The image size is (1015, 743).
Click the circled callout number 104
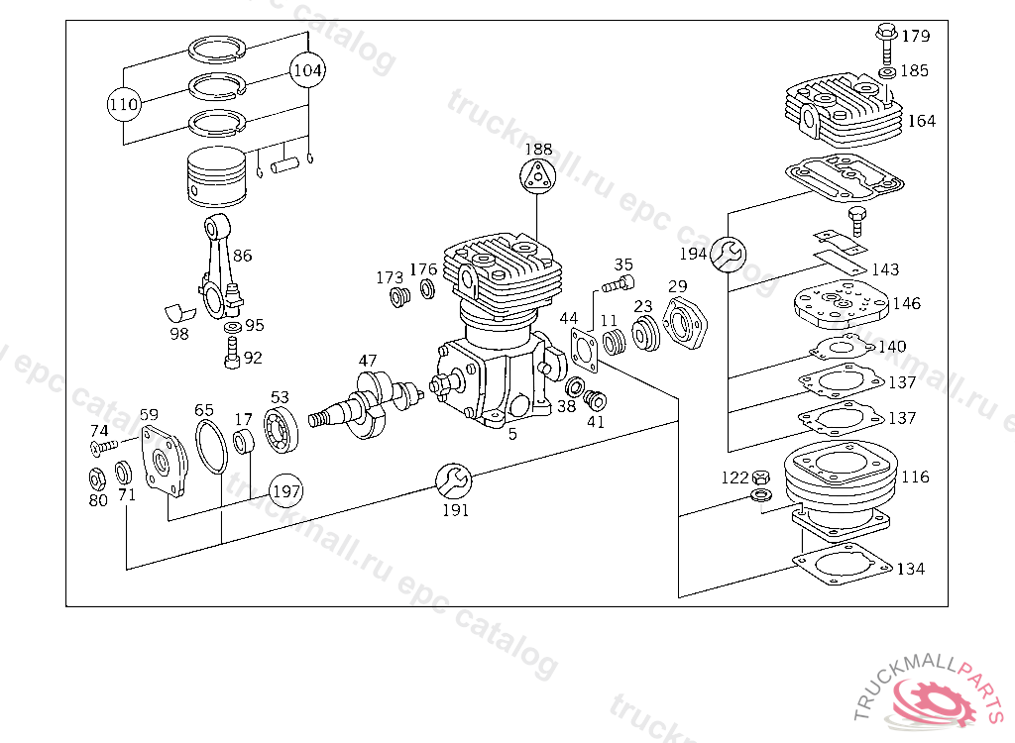[308, 70]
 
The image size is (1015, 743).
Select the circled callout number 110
[124, 103]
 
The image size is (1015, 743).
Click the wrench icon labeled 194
[729, 255]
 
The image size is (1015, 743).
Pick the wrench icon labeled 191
[454, 480]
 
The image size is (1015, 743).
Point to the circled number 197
[285, 489]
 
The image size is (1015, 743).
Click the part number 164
[921, 122]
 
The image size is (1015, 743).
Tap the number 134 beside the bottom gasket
[910, 569]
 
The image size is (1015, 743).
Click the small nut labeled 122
[760, 478]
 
